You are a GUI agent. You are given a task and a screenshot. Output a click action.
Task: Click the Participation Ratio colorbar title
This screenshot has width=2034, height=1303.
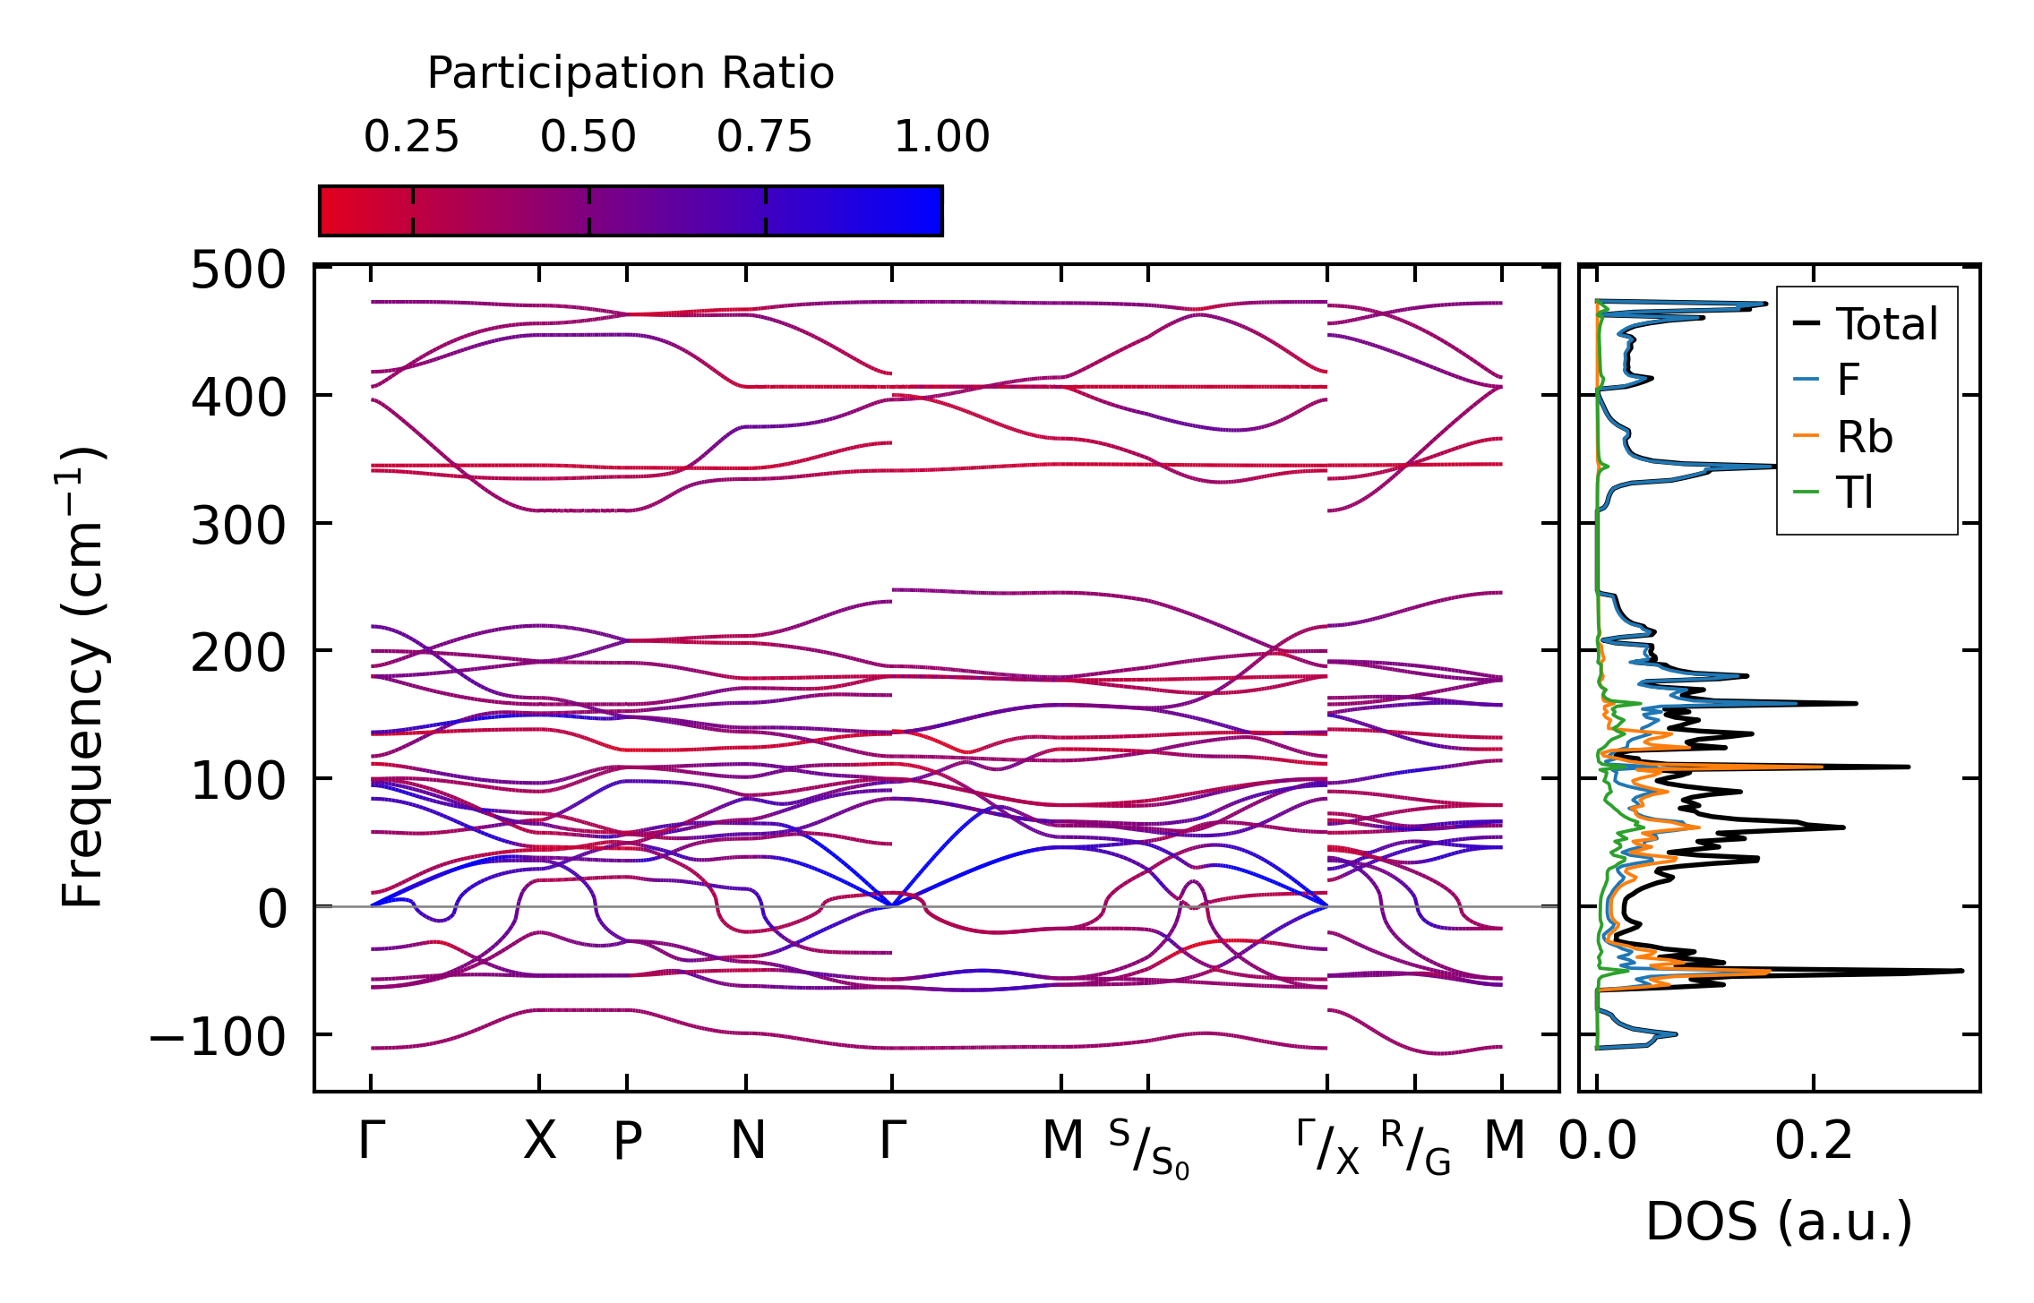point(631,73)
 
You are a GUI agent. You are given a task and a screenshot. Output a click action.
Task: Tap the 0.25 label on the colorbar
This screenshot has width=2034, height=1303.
point(411,137)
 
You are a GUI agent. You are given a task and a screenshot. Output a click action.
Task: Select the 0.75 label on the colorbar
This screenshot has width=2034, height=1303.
point(764,137)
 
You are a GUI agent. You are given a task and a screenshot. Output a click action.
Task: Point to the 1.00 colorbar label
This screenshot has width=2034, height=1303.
point(941,137)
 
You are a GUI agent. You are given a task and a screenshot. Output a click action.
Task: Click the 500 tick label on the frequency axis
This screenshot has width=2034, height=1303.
point(238,270)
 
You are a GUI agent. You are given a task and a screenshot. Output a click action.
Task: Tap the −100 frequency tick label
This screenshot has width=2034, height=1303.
point(218,1038)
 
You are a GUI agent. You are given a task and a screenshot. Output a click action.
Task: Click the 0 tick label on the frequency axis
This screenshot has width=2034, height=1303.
point(272,910)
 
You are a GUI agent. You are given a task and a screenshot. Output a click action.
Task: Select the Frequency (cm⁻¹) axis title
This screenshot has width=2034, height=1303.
point(83,677)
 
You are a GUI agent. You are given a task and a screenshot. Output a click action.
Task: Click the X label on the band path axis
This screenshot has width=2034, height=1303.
point(539,1141)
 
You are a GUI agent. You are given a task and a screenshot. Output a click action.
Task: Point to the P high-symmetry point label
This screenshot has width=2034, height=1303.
point(627,1142)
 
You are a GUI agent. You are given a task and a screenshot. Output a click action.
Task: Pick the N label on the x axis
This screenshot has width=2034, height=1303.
point(747,1141)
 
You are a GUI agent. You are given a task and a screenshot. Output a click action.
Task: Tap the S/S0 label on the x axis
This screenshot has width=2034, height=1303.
point(1148,1150)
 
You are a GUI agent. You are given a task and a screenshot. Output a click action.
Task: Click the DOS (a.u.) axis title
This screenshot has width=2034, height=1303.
point(1779,1222)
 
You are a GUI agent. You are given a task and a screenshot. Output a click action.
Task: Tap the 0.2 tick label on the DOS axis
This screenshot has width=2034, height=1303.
point(1814,1142)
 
